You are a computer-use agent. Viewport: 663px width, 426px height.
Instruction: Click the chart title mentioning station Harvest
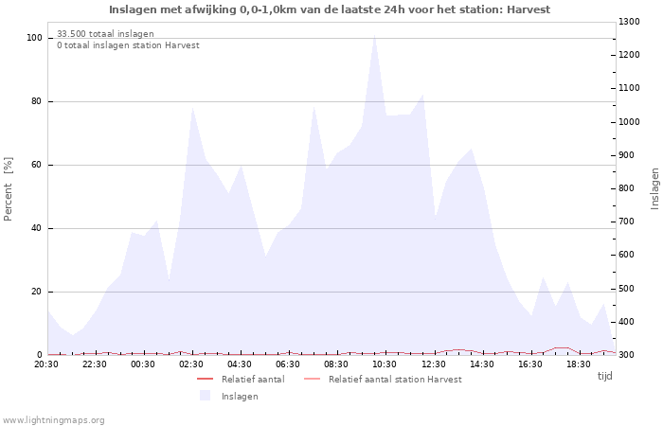[x=329, y=9]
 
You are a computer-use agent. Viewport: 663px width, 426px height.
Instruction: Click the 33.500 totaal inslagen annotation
[x=105, y=34]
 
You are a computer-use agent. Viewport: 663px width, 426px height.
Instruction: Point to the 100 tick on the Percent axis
[x=34, y=38]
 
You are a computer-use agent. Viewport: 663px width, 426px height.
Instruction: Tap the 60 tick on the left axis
[x=36, y=165]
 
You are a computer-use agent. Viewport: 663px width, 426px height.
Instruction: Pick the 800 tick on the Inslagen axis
[x=631, y=188]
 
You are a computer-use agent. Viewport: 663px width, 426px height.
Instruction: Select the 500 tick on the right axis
[x=631, y=289]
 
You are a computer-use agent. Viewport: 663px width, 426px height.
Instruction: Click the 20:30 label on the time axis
[x=46, y=364]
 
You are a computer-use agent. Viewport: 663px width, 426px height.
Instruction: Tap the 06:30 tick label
[x=289, y=364]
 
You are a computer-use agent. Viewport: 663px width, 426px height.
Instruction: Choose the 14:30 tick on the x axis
[x=482, y=364]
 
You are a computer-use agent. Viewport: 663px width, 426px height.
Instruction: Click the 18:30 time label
[x=579, y=364]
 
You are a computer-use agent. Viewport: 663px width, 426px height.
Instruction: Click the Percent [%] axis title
[x=9, y=188]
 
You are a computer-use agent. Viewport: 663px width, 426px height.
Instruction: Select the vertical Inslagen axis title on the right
[x=654, y=188]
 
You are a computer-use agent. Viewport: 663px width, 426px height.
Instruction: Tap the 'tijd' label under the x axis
[x=604, y=376]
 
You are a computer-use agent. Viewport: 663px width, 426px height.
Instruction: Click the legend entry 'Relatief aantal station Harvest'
[x=395, y=380]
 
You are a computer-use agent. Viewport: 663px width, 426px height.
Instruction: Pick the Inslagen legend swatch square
[x=205, y=396]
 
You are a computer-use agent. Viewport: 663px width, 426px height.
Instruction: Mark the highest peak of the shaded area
[x=374, y=36]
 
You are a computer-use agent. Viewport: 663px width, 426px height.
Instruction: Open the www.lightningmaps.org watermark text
[x=54, y=419]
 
